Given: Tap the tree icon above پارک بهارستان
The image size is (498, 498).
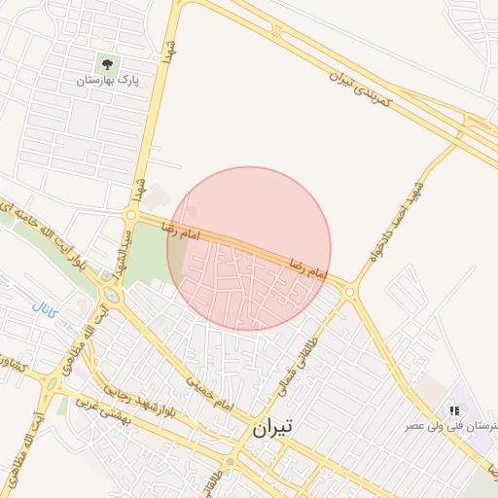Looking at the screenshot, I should (108, 65).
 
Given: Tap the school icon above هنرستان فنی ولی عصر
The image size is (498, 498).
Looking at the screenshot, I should (454, 410).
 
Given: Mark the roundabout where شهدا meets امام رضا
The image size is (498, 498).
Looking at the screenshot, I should (130, 214).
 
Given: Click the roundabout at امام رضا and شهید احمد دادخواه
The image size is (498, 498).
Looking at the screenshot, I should (349, 290).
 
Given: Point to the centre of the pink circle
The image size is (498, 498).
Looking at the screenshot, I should (249, 248).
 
